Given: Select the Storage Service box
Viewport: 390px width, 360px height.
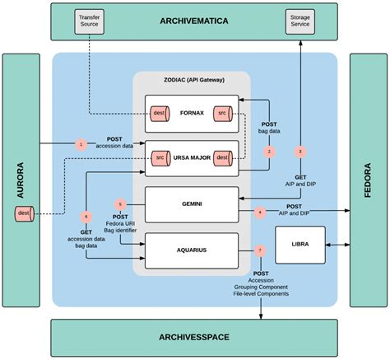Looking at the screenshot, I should tap(300, 22).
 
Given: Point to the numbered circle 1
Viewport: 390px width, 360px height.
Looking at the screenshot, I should tap(81, 144).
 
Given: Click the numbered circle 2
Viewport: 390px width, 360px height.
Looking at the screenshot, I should tap(269, 151).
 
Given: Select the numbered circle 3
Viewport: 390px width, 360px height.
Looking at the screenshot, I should tap(300, 151).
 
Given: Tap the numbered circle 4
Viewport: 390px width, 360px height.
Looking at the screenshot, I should tap(260, 212).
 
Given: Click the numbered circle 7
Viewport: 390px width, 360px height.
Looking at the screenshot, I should tap(261, 250).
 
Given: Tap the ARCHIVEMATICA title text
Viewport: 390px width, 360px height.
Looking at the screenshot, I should tap(195, 20).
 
